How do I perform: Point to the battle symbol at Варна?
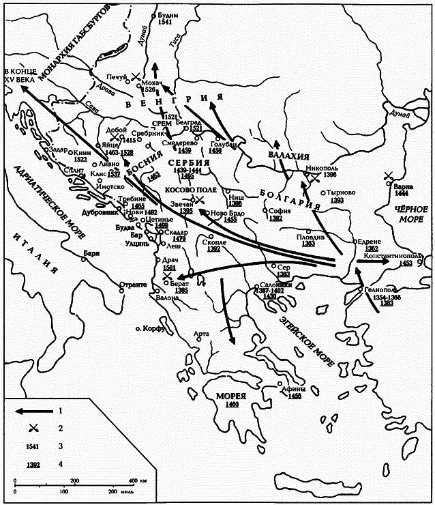[x=389, y=176]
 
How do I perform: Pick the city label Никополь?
[x=321, y=167]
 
